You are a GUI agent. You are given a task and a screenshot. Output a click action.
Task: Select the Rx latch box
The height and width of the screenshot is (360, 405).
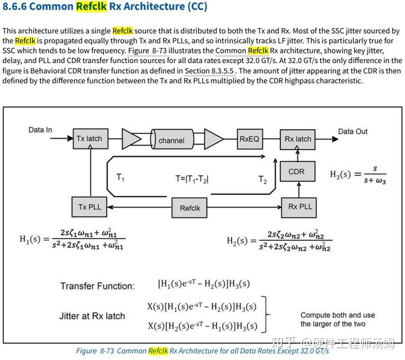click(298, 139)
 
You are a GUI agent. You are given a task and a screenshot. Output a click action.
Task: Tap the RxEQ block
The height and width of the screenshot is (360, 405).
click(249, 139)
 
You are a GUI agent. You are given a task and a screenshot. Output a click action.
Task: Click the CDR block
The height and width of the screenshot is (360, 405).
click(296, 172)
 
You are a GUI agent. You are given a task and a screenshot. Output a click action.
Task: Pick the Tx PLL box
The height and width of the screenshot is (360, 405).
click(89, 207)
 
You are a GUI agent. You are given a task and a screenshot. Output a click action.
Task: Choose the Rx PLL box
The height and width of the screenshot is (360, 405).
click(300, 206)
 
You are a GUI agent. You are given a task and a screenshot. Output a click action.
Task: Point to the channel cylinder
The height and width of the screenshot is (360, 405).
click(172, 140)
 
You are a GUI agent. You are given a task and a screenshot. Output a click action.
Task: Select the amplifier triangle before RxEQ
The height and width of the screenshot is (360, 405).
click(213, 139)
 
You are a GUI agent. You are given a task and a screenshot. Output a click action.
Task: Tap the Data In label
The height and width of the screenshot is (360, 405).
click(40, 130)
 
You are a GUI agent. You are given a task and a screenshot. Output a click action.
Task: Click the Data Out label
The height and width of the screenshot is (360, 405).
click(353, 132)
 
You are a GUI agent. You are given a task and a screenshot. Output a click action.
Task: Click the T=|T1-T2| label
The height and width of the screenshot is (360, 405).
click(196, 179)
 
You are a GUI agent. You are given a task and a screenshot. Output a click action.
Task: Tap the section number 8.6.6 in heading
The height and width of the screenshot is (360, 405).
click(17, 7)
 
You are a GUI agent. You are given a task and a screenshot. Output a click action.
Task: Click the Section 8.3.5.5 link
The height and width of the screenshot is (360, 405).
click(210, 71)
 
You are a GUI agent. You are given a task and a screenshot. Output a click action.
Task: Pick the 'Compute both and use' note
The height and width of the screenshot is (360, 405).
click(337, 315)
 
